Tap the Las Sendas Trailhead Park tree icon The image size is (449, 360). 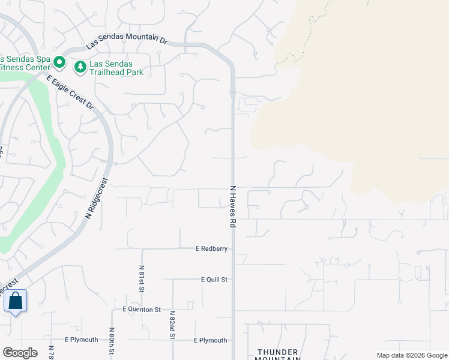pyautogui.click(x=79, y=67)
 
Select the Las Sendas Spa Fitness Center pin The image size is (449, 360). pyautogui.click(x=59, y=62)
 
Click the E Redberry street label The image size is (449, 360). pyautogui.click(x=212, y=248)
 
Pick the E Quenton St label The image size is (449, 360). pyautogui.click(x=142, y=310)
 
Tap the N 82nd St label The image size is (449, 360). pyautogui.click(x=172, y=325)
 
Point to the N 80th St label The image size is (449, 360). pyautogui.click(x=112, y=341)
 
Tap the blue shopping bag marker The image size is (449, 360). pyautogui.click(x=15, y=301)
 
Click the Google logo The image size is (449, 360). pyautogui.click(x=20, y=353)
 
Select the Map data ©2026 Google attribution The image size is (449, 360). pyautogui.click(x=412, y=356)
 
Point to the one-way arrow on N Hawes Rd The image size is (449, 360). pyautogui.click(x=232, y=94)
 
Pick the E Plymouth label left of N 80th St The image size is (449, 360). pyautogui.click(x=82, y=340)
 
